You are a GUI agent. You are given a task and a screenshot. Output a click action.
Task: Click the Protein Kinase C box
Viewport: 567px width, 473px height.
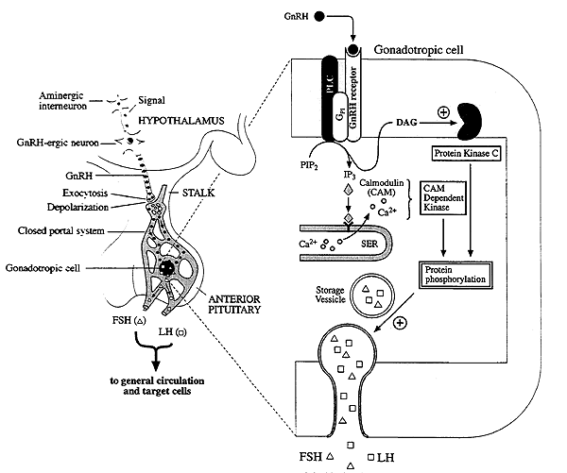[x=467, y=154]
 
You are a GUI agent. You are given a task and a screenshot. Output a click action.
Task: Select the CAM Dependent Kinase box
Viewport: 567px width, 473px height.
[x=443, y=198]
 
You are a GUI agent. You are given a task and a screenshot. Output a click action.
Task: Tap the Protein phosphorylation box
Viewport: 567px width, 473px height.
[x=455, y=275]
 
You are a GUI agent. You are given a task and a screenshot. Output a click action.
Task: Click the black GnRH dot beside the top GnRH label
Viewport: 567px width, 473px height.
[x=319, y=16]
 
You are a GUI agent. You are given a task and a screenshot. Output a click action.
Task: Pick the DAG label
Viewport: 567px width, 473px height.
[x=406, y=123]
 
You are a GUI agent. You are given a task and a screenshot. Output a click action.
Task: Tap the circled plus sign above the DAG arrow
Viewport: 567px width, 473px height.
[x=443, y=112]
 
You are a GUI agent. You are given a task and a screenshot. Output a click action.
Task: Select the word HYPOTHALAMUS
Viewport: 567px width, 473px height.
[x=181, y=120]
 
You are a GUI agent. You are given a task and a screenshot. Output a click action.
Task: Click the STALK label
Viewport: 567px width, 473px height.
[x=198, y=193]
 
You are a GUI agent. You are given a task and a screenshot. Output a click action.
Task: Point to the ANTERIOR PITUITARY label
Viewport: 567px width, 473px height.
[x=234, y=304]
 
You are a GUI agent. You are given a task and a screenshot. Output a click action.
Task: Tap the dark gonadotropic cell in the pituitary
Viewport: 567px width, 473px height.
[x=167, y=268]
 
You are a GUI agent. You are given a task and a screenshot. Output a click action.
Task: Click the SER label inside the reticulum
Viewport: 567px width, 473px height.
[x=369, y=244]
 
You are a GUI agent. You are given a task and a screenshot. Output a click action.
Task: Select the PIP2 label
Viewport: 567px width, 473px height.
[x=309, y=165]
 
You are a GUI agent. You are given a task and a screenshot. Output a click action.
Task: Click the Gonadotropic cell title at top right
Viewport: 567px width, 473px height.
[x=419, y=49]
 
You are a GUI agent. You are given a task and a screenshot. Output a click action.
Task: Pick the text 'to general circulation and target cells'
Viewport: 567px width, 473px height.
[x=157, y=386]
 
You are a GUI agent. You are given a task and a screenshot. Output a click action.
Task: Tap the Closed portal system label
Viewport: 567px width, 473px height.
[x=61, y=230]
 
